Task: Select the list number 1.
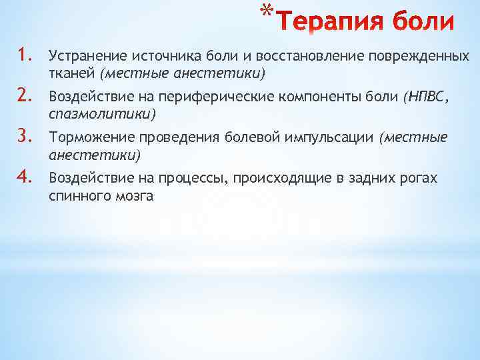coord(24,57)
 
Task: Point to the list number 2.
coord(24,98)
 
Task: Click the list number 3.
coord(24,138)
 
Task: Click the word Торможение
coord(89,139)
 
